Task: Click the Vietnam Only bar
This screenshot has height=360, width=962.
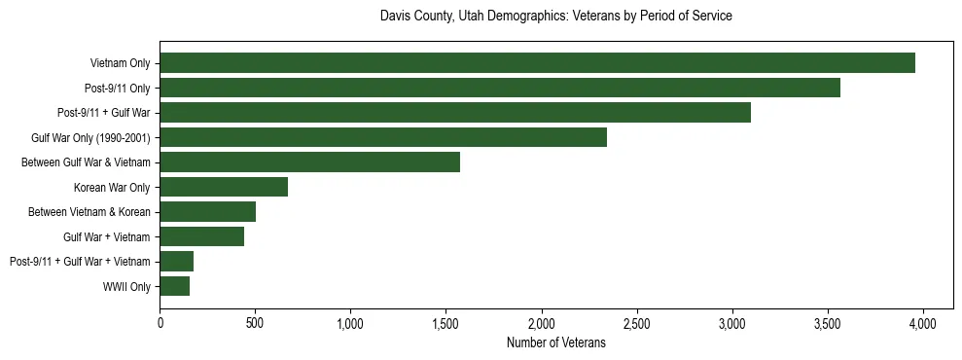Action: click(x=537, y=63)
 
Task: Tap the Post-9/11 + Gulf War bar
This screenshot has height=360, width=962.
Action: click(x=455, y=113)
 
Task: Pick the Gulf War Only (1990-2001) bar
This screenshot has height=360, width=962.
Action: click(x=383, y=137)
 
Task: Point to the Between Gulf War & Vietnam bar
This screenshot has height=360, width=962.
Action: click(x=309, y=162)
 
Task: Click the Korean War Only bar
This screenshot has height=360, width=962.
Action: click(x=224, y=187)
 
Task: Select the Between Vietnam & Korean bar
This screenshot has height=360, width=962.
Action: click(x=208, y=211)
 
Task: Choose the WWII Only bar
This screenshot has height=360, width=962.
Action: click(x=175, y=286)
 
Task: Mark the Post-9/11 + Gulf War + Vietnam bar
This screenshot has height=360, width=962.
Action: click(x=177, y=261)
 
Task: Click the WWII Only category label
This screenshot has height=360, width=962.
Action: click(x=126, y=286)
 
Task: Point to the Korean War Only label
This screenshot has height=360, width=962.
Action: click(x=112, y=187)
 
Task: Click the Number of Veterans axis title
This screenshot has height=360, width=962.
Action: click(x=555, y=342)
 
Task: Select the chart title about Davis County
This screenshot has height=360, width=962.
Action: click(x=555, y=17)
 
